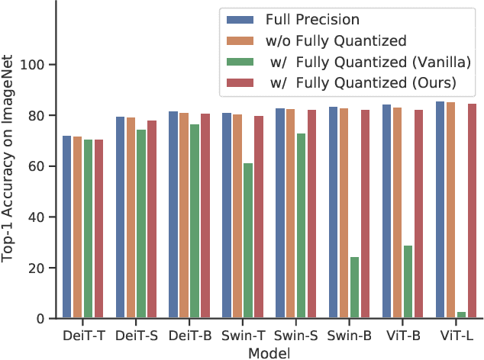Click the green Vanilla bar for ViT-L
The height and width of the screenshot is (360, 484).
(x=461, y=315)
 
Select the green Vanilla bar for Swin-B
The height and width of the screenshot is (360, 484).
(x=354, y=288)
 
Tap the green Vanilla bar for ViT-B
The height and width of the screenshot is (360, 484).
(x=408, y=281)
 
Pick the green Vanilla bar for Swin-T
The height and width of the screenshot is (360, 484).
(x=247, y=240)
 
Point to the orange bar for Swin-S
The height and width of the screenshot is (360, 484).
(x=290, y=214)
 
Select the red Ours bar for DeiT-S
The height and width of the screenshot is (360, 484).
(x=152, y=219)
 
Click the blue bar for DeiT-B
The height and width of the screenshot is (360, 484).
(x=173, y=214)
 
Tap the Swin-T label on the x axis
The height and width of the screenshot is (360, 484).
(x=243, y=335)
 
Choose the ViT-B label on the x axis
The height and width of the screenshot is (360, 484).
(x=403, y=335)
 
